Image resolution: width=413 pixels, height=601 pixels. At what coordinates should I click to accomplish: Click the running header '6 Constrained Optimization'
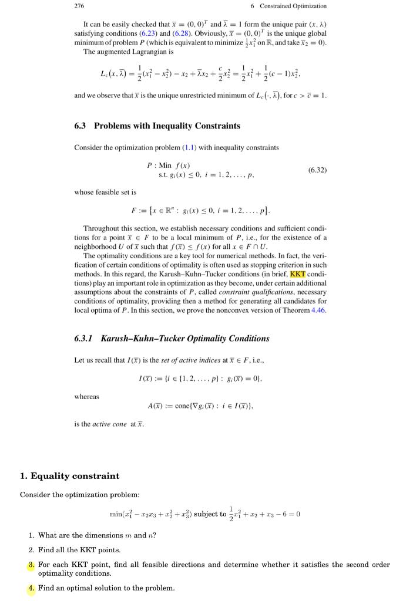pyautogui.click(x=288, y=6)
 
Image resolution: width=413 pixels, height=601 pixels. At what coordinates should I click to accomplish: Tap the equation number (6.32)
pyautogui.click(x=317, y=170)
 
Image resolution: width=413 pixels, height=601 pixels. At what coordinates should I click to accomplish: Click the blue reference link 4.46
pyautogui.click(x=318, y=310)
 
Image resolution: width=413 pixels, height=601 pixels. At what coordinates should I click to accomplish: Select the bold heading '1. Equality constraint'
pyautogui.click(x=69, y=476)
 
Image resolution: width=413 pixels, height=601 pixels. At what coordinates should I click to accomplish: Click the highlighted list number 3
pyautogui.click(x=32, y=565)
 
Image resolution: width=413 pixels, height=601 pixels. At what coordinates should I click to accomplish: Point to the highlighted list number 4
pyautogui.click(x=32, y=588)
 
